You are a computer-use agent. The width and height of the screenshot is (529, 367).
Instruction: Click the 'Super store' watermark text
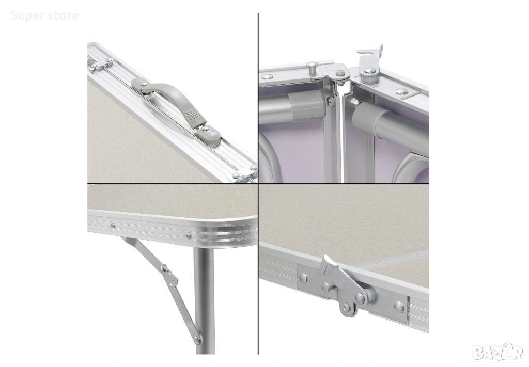44,15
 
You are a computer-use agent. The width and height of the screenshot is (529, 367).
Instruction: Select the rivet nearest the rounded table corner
188,234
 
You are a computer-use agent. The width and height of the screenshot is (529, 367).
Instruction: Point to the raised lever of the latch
328,265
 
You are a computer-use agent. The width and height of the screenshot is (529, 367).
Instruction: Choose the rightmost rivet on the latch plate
399,306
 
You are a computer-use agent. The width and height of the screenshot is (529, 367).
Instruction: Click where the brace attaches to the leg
198,339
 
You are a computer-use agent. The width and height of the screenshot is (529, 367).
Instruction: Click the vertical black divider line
258,184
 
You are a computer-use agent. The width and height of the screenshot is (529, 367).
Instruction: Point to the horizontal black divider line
173,184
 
